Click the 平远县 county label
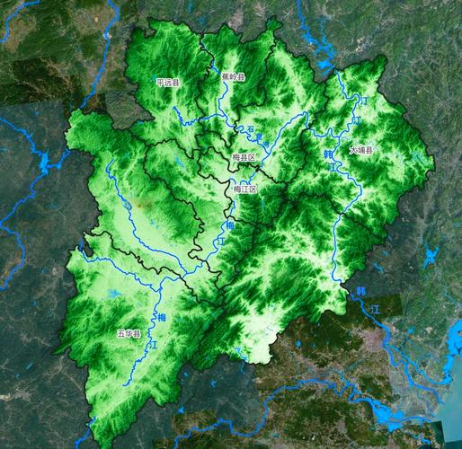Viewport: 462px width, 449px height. pyautogui.click(x=168, y=82)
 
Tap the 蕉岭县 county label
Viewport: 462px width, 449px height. pyautogui.click(x=233, y=77)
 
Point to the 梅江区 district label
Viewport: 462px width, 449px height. pyautogui.click(x=244, y=189)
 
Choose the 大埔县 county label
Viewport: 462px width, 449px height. pyautogui.click(x=361, y=150)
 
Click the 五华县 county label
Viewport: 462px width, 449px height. pyautogui.click(x=129, y=333)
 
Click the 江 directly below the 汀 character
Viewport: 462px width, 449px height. pyautogui.click(x=356, y=118)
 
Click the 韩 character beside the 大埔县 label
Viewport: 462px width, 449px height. pyautogui.click(x=328, y=154)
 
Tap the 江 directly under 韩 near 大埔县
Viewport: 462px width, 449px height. pyautogui.click(x=333, y=168)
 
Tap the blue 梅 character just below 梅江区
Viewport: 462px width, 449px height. pyautogui.click(x=229, y=225)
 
